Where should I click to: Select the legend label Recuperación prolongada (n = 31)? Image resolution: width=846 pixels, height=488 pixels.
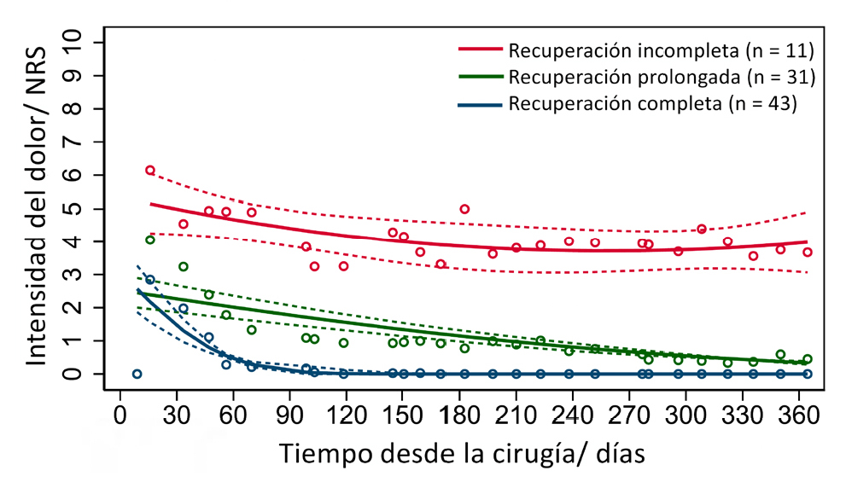(662, 77)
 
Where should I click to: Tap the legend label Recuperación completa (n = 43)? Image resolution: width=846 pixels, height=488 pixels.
(652, 104)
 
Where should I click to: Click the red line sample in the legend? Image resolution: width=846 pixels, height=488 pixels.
(481, 49)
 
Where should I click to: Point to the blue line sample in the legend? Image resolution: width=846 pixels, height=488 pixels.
(481, 104)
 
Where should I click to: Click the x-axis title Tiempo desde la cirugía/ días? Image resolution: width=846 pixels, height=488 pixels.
(465, 451)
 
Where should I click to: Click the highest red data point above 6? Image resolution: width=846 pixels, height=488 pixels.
(150, 171)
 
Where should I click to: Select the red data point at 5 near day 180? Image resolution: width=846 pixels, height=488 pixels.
(464, 209)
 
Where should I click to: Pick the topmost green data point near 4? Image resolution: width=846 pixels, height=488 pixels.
(150, 240)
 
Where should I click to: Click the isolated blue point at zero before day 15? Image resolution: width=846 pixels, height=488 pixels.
(137, 374)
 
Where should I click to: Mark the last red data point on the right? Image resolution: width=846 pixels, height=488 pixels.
(808, 252)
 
